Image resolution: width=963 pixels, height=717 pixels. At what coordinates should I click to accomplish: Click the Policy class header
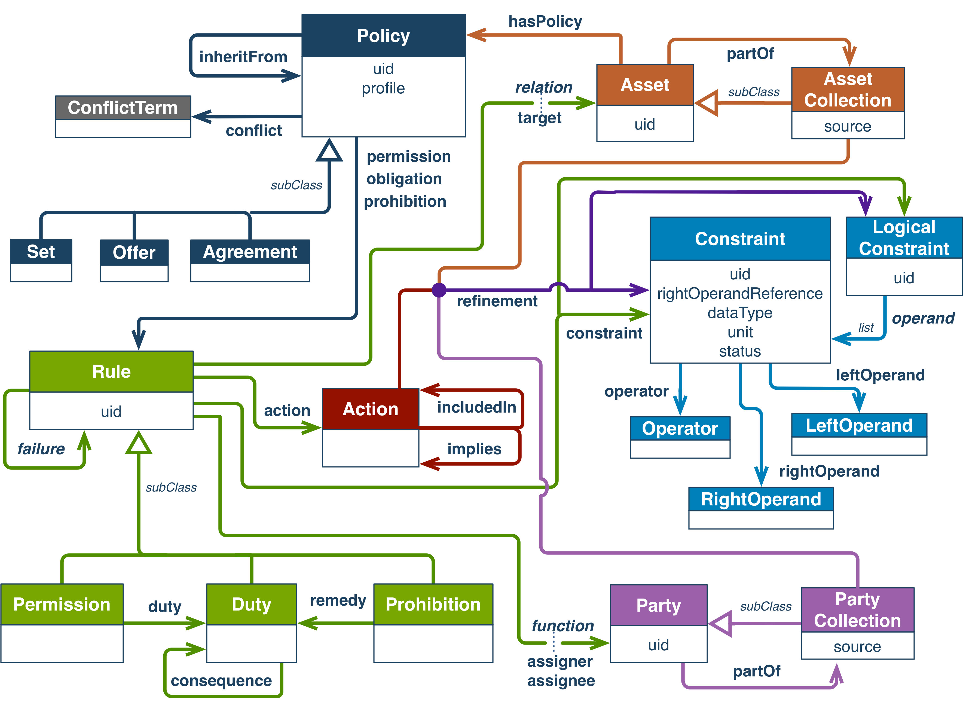pos(383,36)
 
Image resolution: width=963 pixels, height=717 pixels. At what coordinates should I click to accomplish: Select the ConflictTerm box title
pos(123,108)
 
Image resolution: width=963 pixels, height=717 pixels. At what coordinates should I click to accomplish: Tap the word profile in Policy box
pos(383,88)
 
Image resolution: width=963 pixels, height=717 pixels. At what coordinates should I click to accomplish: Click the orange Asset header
pos(645,85)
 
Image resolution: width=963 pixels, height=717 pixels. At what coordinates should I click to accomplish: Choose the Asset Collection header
pos(848,89)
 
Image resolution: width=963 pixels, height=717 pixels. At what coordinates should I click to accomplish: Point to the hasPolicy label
pos(545,21)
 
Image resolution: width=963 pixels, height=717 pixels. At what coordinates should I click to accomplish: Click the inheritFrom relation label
pos(243,56)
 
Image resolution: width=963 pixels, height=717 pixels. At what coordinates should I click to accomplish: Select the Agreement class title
pos(250,252)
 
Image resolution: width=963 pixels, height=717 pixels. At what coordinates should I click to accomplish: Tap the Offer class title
pos(134,252)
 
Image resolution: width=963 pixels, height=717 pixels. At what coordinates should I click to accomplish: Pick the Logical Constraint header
pos(904,238)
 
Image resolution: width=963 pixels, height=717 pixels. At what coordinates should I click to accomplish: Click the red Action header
pos(370,409)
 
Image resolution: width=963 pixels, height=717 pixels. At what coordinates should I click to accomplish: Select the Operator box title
pos(680,428)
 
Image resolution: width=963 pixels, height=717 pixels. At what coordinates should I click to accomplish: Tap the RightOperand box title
pos(761,499)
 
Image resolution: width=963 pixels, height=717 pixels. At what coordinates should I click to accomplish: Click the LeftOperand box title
pos(859,425)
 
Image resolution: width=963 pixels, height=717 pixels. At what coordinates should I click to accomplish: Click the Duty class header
pos(251,604)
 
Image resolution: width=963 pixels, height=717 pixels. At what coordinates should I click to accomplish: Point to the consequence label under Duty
pos(221,681)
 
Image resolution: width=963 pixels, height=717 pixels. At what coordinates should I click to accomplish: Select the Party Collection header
pos(857,610)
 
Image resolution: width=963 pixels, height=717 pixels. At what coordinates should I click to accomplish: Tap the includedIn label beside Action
pos(476,409)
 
